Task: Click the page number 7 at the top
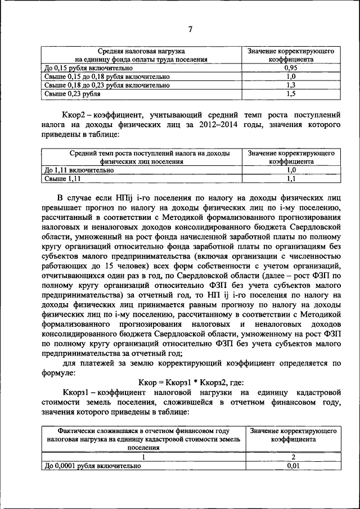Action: click(190, 29)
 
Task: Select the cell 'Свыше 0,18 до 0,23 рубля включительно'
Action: click(107, 85)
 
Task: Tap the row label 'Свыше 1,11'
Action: click(63, 178)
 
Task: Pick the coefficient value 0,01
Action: click(292, 466)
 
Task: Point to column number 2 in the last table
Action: click(292, 457)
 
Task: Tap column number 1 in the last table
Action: click(142, 457)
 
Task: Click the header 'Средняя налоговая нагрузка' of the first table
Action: click(142, 51)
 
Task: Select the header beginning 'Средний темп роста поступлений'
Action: click(142, 152)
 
